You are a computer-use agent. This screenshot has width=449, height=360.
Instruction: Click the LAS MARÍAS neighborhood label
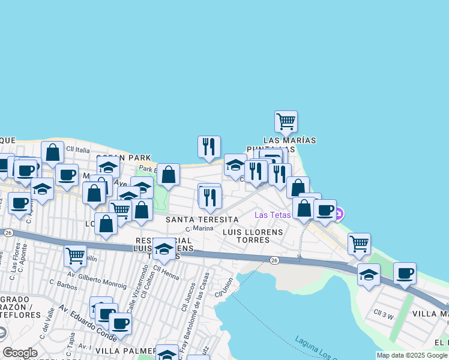(289, 140)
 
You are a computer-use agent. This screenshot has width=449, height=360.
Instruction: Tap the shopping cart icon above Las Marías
(286, 121)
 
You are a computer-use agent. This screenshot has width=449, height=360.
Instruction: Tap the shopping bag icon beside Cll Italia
(53, 152)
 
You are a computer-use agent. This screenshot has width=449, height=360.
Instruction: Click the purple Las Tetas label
(273, 215)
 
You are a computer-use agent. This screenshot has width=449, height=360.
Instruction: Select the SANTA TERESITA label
(202, 220)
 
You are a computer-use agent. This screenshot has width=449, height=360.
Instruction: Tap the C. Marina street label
(200, 229)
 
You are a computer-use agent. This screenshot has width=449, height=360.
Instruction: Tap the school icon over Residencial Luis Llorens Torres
(164, 248)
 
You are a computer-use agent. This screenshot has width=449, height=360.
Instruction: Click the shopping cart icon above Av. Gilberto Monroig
(75, 256)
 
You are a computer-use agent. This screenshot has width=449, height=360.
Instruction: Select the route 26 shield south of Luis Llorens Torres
(274, 260)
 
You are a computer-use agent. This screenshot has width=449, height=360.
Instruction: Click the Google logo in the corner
(20, 353)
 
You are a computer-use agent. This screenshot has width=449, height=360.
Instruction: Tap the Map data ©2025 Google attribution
(412, 355)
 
